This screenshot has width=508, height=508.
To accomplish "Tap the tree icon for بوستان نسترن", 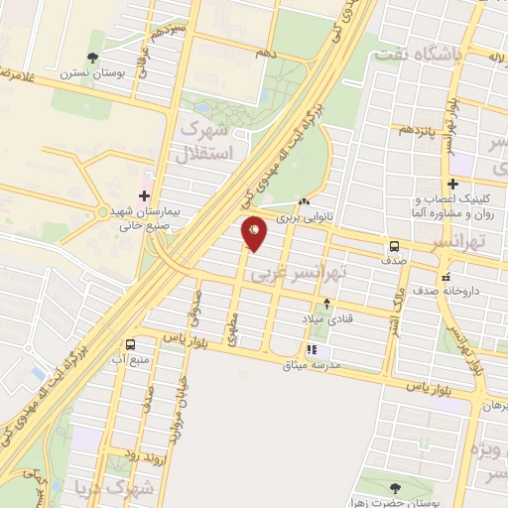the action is (x=93, y=58).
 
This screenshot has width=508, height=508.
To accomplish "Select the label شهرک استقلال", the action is (x=206, y=142).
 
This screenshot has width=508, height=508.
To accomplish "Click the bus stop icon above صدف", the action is (x=395, y=246).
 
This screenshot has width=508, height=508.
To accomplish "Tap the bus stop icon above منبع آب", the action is (x=131, y=343).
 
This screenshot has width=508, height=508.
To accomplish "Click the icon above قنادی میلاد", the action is (x=327, y=304).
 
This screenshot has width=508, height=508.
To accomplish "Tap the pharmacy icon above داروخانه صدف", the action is (x=447, y=277).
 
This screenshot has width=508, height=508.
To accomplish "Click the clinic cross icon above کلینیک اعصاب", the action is (x=453, y=184).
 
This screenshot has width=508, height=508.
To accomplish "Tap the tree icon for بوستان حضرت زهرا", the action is (x=396, y=487).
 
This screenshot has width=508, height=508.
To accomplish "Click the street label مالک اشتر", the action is (x=395, y=307).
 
